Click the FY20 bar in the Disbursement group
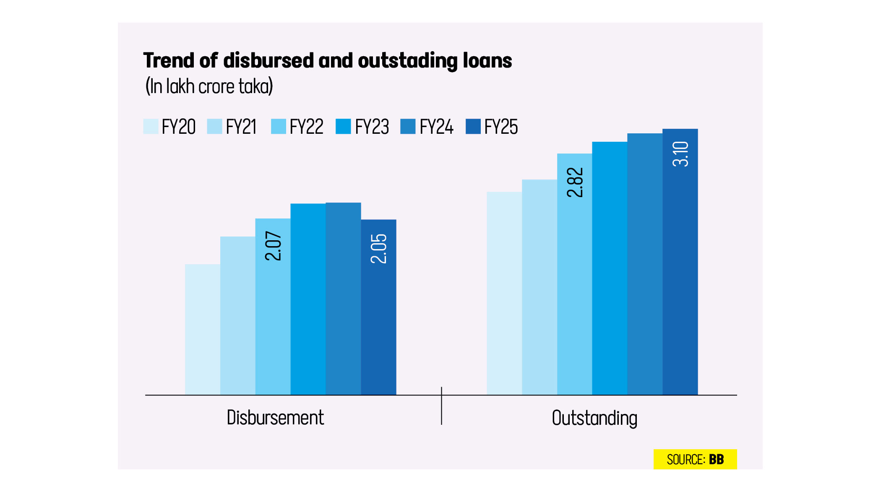click(202, 329)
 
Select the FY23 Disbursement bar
click(308, 299)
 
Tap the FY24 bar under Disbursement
click(343, 299)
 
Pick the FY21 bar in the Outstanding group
click(539, 287)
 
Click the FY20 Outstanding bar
click(504, 294)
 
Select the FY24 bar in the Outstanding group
click(645, 264)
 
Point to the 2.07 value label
click(273, 246)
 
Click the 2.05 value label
click(379, 248)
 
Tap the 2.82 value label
click(575, 182)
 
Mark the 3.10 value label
click(680, 154)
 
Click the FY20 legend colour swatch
click(151, 126)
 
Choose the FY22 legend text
click(306, 127)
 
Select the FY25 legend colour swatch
click(473, 126)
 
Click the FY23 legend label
click(372, 127)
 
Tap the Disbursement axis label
click(275, 418)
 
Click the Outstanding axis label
click(594, 418)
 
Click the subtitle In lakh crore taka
click(209, 86)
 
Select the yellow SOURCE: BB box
click(695, 459)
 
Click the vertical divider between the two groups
click(441, 406)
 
